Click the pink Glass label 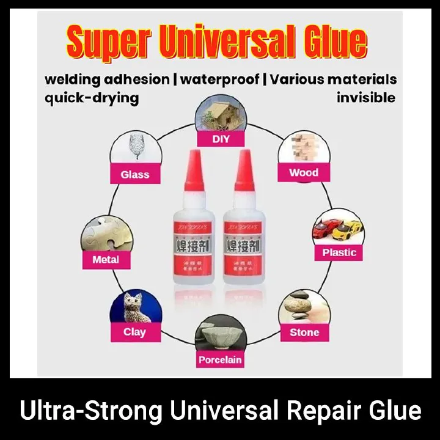click(134, 174)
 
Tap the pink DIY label click(220, 139)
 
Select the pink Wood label click(304, 172)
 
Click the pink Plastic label click(339, 252)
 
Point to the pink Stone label click(304, 332)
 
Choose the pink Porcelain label click(220, 360)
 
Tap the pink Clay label click(134, 332)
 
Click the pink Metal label click(106, 259)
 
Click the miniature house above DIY click(219, 114)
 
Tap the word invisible click(366, 98)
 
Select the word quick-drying click(92, 98)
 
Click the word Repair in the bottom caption click(324, 410)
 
